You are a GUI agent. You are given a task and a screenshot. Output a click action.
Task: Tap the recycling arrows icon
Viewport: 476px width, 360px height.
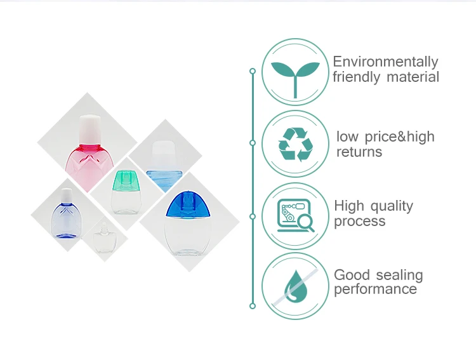pos(296,145)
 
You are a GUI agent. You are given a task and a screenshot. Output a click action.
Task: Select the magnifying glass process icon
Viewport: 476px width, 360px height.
pos(296,216)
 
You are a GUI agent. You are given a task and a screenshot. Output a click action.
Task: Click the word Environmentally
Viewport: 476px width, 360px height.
pos(385,62)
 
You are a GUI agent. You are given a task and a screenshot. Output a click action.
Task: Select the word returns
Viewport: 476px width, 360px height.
pos(359,152)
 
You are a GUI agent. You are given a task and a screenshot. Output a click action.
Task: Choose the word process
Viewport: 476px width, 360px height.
pos(359,222)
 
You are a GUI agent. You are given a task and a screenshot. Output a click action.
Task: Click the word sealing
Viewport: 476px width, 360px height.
pos(399,275)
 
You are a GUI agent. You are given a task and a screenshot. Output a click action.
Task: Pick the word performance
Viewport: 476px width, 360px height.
pos(375,290)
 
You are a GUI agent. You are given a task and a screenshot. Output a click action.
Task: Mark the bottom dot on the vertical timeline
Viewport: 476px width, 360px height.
pos(253,306)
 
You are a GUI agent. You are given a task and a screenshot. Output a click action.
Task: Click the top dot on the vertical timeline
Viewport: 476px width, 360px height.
pos(253,71)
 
